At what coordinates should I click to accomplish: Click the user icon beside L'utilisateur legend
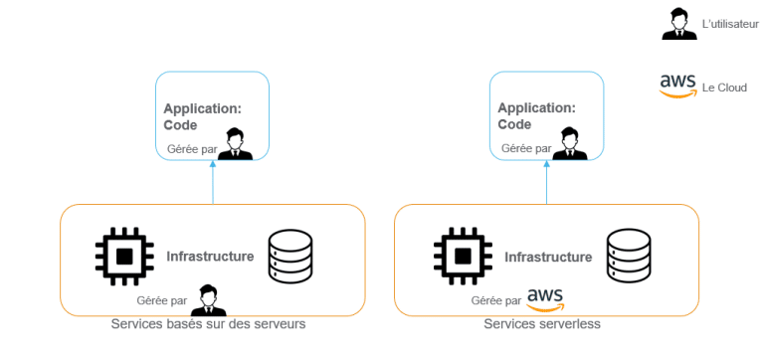point(678,23)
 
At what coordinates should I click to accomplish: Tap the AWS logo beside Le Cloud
point(677,87)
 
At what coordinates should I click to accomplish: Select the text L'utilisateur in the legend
point(730,23)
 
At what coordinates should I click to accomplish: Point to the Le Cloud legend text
point(724,88)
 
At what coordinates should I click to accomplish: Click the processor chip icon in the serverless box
point(461,256)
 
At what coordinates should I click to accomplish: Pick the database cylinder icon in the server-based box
point(289,256)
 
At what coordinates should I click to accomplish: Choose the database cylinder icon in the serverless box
point(628,256)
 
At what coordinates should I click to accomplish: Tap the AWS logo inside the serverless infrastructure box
point(545,298)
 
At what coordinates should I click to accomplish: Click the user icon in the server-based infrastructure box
point(207,299)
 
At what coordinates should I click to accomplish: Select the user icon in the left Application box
point(235,144)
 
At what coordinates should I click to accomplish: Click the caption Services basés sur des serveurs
point(208,324)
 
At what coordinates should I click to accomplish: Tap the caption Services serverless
point(542,324)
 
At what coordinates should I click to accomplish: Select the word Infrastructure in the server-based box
point(210,257)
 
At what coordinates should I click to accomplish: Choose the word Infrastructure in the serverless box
point(548,258)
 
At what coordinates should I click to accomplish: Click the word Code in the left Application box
point(181,125)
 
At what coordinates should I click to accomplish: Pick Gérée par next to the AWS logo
point(495,299)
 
